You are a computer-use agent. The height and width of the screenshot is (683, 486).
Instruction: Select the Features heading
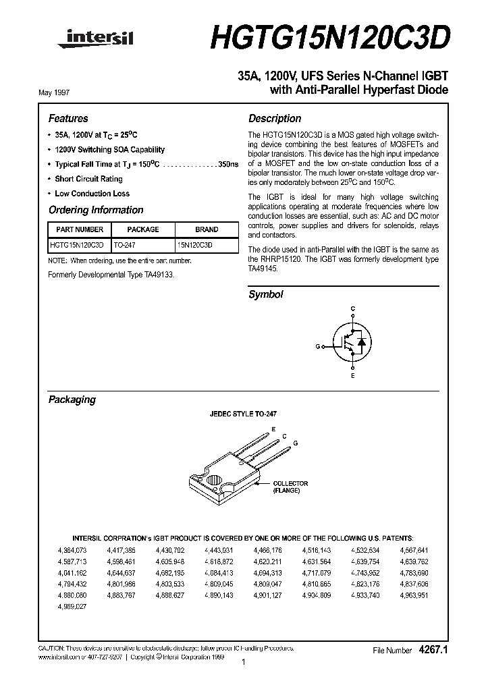click(67, 118)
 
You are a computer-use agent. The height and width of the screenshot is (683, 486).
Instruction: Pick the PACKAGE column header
click(143, 229)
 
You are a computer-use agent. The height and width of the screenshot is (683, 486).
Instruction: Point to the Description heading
click(275, 118)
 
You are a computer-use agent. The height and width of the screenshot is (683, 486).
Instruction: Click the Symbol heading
click(265, 294)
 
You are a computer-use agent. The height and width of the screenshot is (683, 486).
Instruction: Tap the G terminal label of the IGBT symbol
click(317, 346)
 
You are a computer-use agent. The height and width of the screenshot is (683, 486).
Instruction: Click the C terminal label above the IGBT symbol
click(352, 309)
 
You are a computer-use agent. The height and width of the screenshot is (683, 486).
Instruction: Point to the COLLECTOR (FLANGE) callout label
click(290, 487)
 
